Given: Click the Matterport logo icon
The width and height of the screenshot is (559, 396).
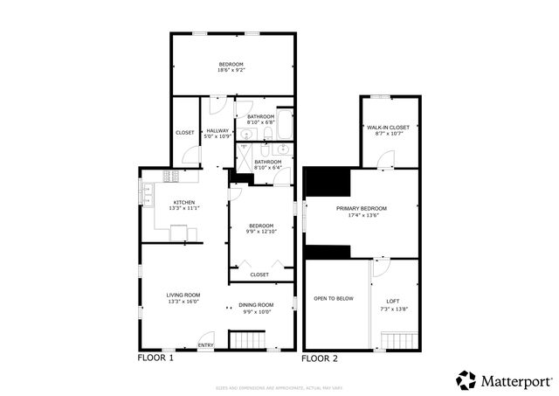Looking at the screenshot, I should pos(466,379).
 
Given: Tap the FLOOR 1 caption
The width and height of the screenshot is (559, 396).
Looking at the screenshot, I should pos(156,358).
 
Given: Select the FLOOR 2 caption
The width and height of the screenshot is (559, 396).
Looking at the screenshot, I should pos(320,358).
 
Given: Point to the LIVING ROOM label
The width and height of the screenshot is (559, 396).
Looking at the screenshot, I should pos(183,295).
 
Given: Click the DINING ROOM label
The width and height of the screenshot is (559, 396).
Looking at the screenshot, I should pos(257,304).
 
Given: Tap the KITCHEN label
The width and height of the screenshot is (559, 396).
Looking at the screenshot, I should pos(183,203).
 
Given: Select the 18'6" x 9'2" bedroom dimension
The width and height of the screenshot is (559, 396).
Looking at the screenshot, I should pos(231,70).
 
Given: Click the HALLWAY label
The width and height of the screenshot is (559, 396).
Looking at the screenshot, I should pos(217,130).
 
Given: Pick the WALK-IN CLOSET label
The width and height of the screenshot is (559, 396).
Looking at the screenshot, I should pos(389,128).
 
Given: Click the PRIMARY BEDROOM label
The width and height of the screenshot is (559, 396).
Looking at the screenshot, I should pos(362,208).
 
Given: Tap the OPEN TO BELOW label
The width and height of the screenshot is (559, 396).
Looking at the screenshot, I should pos(334,299).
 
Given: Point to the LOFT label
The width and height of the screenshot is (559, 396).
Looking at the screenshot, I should pos(393,300).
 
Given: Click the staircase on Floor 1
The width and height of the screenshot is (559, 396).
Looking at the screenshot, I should pos(245,339).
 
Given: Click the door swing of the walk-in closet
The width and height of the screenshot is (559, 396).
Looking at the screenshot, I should pos(387,159).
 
